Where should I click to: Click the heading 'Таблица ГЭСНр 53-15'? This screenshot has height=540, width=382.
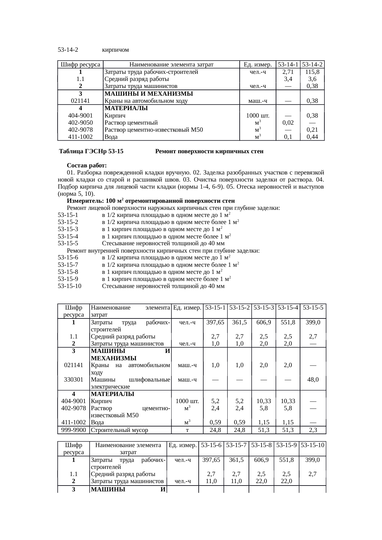pyautogui.click(x=91, y=151)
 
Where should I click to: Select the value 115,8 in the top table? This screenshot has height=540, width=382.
pyautogui.click(x=312, y=72)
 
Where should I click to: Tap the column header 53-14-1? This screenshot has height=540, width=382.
pyautogui.click(x=288, y=65)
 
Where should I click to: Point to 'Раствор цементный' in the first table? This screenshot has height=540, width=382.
pyautogui.click(x=131, y=122)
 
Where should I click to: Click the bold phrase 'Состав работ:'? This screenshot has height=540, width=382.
pyautogui.click(x=87, y=166)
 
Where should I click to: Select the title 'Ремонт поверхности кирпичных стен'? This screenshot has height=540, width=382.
pyautogui.click(x=209, y=151)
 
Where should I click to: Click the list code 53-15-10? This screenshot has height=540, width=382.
pyautogui.click(x=70, y=286)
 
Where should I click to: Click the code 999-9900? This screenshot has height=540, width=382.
pyautogui.click(x=74, y=430)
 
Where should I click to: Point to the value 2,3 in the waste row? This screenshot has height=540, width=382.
pyautogui.click(x=313, y=430)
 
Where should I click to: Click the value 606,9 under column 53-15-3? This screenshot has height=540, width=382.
pyautogui.click(x=264, y=322)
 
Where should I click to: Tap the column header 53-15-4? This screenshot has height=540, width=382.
pyautogui.click(x=288, y=307)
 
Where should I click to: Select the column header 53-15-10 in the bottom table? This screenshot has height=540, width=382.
pyautogui.click(x=313, y=445)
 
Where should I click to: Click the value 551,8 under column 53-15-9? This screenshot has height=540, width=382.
pyautogui.click(x=286, y=460)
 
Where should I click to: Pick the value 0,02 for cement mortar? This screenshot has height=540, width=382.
pyautogui.click(x=288, y=122)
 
